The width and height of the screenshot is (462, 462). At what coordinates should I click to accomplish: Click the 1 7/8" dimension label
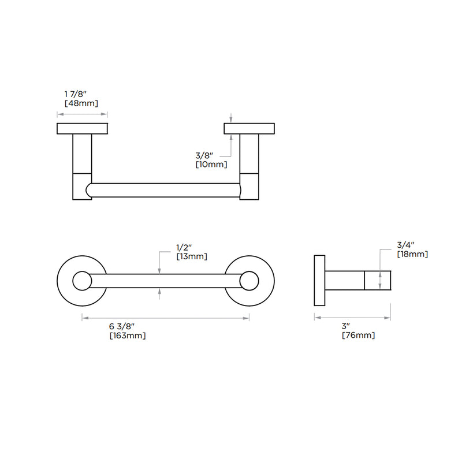pos(76,94)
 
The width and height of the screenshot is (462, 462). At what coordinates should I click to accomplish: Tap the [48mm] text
pos(81,103)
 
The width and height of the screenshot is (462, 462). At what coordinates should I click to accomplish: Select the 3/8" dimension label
pos(204,155)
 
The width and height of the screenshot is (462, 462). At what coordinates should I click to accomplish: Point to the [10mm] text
pos(211,165)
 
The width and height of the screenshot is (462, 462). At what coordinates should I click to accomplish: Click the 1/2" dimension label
pos(184,247)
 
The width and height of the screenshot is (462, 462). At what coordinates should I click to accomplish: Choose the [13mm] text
pos(192,256)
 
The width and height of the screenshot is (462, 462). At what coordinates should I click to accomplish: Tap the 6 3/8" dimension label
pos(122,326)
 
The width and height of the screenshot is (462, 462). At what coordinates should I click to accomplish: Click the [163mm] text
pos(128,336)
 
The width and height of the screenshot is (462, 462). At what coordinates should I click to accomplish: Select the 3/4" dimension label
pos(406,245)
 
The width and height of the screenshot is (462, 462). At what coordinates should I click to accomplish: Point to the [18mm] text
pos(412,254)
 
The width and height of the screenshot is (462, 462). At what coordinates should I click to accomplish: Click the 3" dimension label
pos(346,326)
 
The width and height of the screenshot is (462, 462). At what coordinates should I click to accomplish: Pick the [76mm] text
pos(358,336)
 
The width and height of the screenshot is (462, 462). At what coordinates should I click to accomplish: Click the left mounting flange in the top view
pos(82,128)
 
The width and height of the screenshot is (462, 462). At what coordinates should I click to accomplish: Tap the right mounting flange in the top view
pos(249,128)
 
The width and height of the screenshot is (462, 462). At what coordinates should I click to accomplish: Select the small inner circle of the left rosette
pos(82,281)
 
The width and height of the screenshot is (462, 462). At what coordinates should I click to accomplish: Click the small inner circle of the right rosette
pos(249,281)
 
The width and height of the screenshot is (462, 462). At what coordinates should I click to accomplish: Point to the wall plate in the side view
pos(320,281)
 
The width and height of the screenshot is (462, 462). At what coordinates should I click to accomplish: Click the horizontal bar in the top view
pos(163,191)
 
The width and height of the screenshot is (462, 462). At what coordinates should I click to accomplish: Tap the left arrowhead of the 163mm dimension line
pos(85,318)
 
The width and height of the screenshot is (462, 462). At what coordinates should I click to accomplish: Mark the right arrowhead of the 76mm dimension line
pos(388,318)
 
